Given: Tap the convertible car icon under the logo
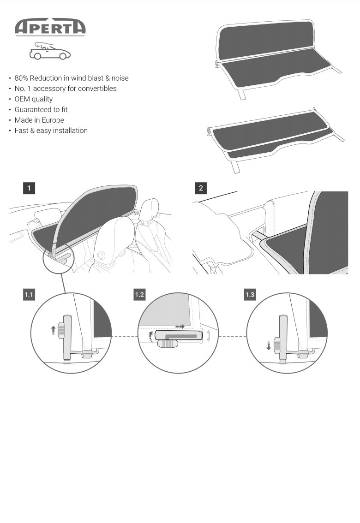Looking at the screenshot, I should point(50,51).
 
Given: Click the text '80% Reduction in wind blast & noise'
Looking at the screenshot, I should point(72,78).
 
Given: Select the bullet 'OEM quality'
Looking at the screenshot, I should point(34,99).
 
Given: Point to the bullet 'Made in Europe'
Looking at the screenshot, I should point(39,120).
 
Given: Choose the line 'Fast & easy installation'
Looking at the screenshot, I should point(51,131).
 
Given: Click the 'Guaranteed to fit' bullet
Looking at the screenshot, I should point(41,110).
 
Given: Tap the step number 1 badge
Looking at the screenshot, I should point(29,188).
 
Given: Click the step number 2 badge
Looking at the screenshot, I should point(201,188).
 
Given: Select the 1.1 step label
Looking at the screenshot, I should point(29,295).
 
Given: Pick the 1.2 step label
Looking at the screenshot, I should point(139,295).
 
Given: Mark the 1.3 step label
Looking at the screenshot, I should point(250,295).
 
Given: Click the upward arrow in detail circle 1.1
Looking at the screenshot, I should point(53,329).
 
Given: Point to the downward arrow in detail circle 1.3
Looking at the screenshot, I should point(269,345).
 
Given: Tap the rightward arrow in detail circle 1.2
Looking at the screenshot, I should point(180,326).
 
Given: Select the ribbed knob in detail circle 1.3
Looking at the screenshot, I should point(277,344).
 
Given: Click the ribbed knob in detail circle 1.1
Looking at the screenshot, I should point(61,331).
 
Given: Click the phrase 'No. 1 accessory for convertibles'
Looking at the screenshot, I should point(66,89).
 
